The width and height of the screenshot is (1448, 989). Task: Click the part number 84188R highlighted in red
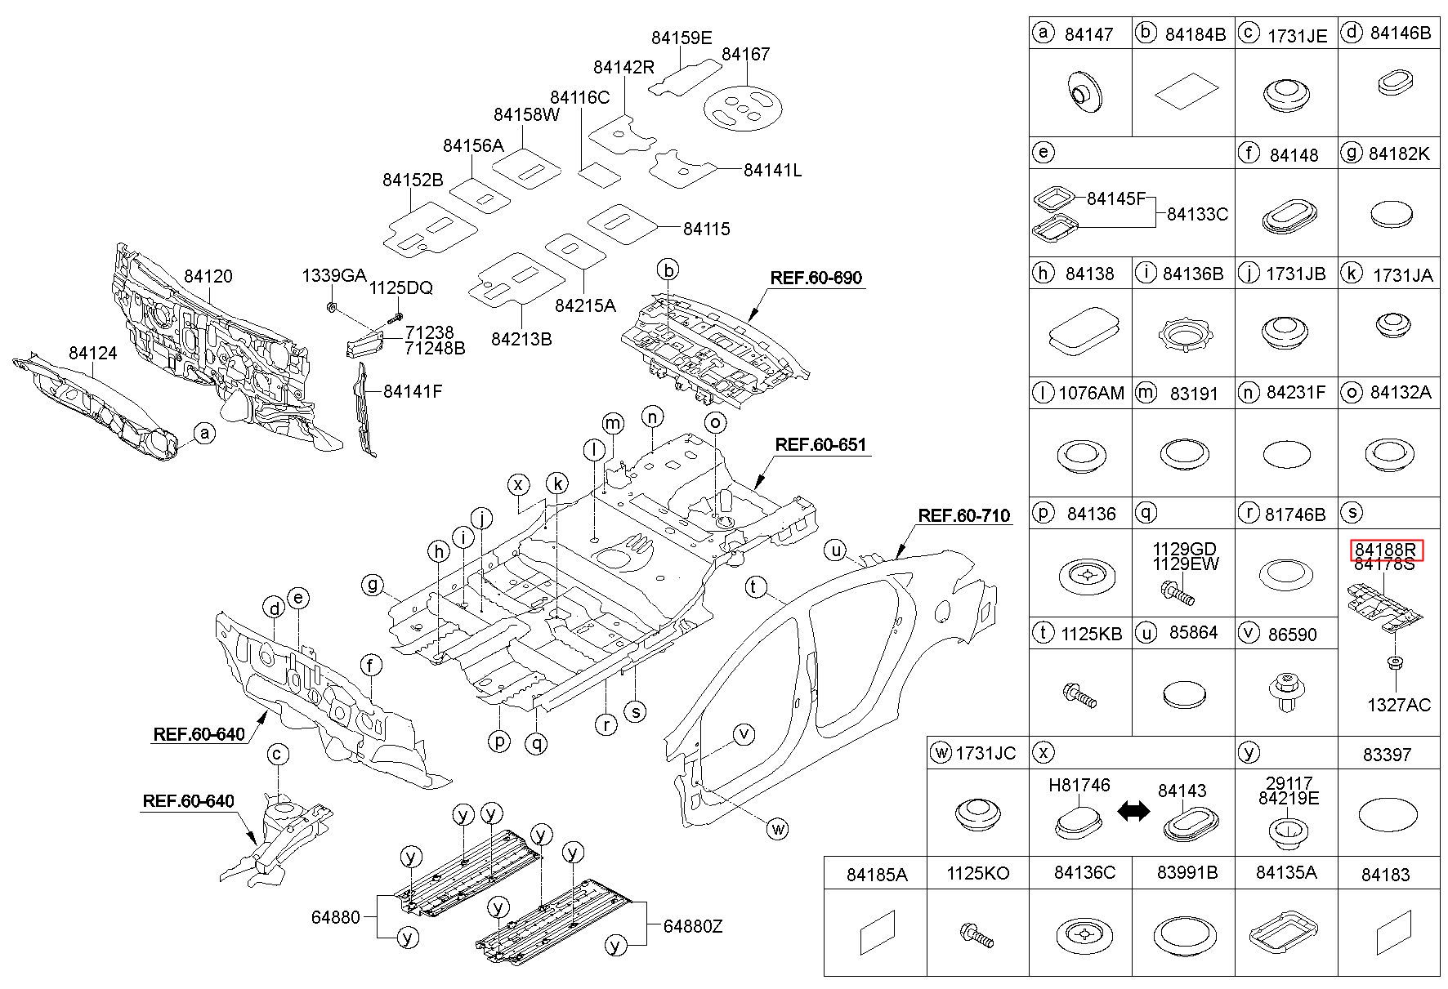click(1387, 550)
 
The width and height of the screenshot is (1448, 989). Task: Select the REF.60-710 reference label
click(963, 516)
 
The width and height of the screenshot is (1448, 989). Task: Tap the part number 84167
click(745, 54)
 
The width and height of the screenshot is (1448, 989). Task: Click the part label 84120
click(208, 276)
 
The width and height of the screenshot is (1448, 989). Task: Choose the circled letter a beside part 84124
click(203, 433)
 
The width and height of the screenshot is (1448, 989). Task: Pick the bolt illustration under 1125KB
click(1079, 695)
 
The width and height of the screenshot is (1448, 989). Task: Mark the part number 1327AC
click(1399, 705)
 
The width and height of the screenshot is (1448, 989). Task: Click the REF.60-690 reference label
click(816, 278)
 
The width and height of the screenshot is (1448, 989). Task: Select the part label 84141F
click(413, 391)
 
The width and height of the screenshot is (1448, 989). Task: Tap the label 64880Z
click(693, 926)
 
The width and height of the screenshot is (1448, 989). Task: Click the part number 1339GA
click(334, 275)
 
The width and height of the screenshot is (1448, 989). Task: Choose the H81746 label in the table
click(1079, 785)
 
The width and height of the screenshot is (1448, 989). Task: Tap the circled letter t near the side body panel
click(756, 587)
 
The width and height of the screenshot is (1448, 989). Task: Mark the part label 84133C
click(1197, 214)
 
